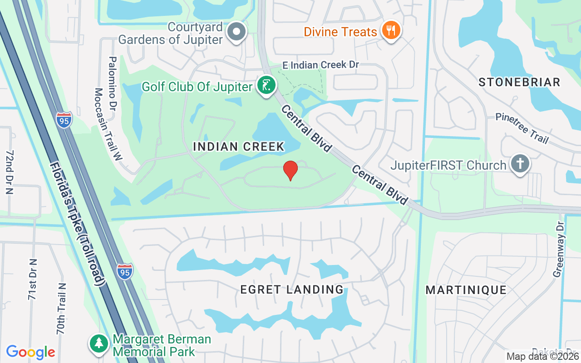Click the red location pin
point(290,170)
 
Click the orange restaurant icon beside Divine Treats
point(390,31)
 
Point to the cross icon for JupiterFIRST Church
point(520,164)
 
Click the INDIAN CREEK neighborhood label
point(239,147)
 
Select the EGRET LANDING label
point(292,289)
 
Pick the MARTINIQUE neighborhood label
point(466,290)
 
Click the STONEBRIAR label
point(520,82)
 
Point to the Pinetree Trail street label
point(522,128)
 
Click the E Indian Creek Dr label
point(320,65)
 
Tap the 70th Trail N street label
point(62,309)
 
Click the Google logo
point(30,352)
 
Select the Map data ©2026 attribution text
point(542,356)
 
